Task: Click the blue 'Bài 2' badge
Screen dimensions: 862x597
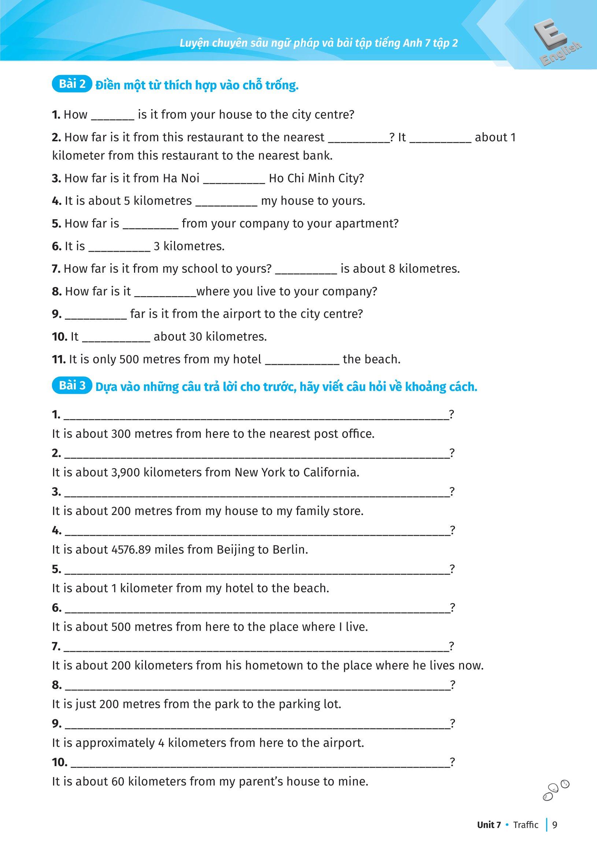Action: pos(72,84)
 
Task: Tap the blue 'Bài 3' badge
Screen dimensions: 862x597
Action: pos(72,385)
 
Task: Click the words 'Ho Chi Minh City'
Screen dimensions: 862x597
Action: pos(316,178)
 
